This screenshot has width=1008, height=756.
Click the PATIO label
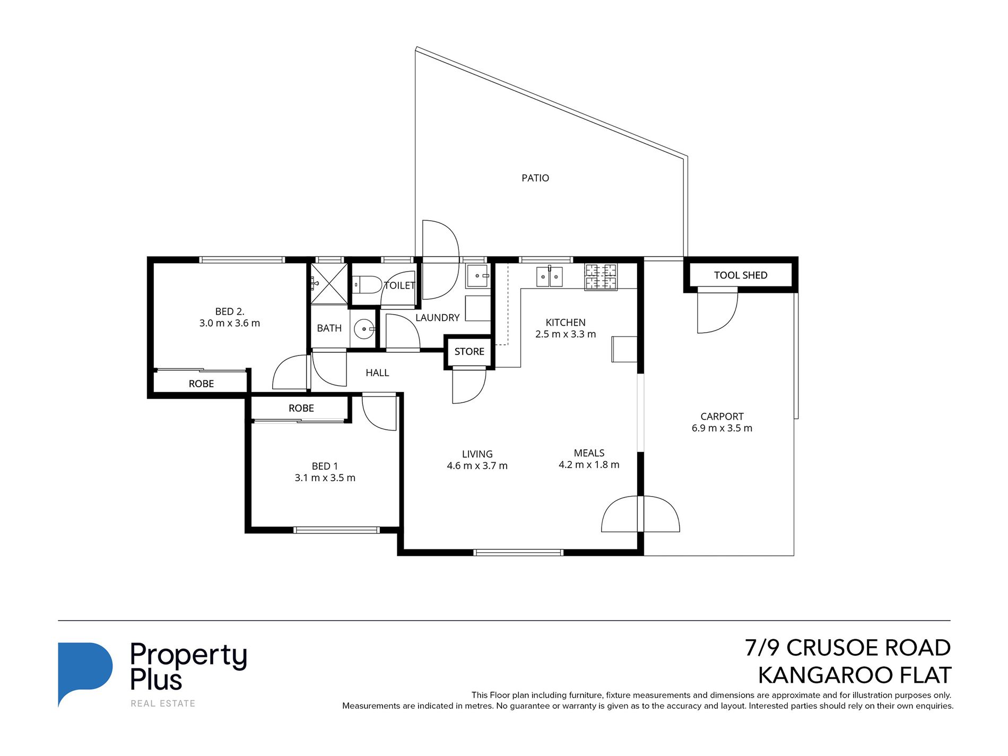535,178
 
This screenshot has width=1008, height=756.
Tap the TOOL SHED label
740,275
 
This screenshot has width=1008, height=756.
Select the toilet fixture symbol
367,285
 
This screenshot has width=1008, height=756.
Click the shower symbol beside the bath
329,283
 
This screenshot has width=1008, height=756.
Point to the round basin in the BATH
364,329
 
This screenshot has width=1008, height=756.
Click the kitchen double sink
549,277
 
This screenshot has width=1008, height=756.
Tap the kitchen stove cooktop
601,276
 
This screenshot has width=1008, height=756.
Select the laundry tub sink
478,276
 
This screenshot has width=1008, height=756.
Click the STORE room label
469,352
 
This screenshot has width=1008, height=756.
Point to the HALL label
377,373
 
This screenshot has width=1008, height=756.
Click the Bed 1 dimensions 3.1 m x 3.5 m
325,478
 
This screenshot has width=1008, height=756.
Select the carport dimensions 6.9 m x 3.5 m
722,429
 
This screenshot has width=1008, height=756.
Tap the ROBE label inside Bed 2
201,384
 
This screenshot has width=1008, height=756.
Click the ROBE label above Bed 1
301,409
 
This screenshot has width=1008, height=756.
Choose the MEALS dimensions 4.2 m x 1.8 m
589,465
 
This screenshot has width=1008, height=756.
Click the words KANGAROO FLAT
854,675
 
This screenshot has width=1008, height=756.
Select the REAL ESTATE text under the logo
163,704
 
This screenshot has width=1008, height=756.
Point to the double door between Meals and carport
640,515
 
